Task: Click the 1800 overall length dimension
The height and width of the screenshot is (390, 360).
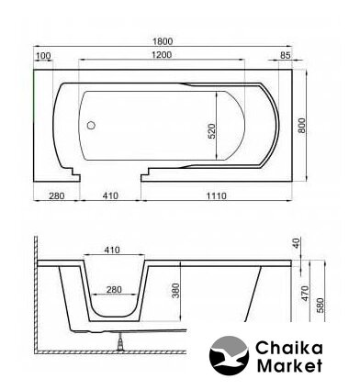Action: pyautogui.click(x=163, y=41)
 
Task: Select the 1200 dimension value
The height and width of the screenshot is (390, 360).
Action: pyautogui.click(x=162, y=55)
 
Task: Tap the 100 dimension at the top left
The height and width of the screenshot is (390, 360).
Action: pyautogui.click(x=43, y=56)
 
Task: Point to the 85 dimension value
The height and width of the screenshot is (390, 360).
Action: pyautogui.click(x=285, y=55)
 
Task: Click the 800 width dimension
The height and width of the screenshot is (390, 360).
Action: pyautogui.click(x=302, y=125)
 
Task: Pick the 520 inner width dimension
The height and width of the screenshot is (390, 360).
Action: pyautogui.click(x=212, y=131)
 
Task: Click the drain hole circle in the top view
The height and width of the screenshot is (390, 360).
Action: pyautogui.click(x=91, y=125)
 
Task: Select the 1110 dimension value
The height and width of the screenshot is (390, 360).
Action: pyautogui.click(x=217, y=195)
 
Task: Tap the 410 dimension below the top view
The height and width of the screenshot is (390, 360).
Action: pyautogui.click(x=110, y=195)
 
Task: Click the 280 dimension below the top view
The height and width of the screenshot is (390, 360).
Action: pyautogui.click(x=57, y=195)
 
